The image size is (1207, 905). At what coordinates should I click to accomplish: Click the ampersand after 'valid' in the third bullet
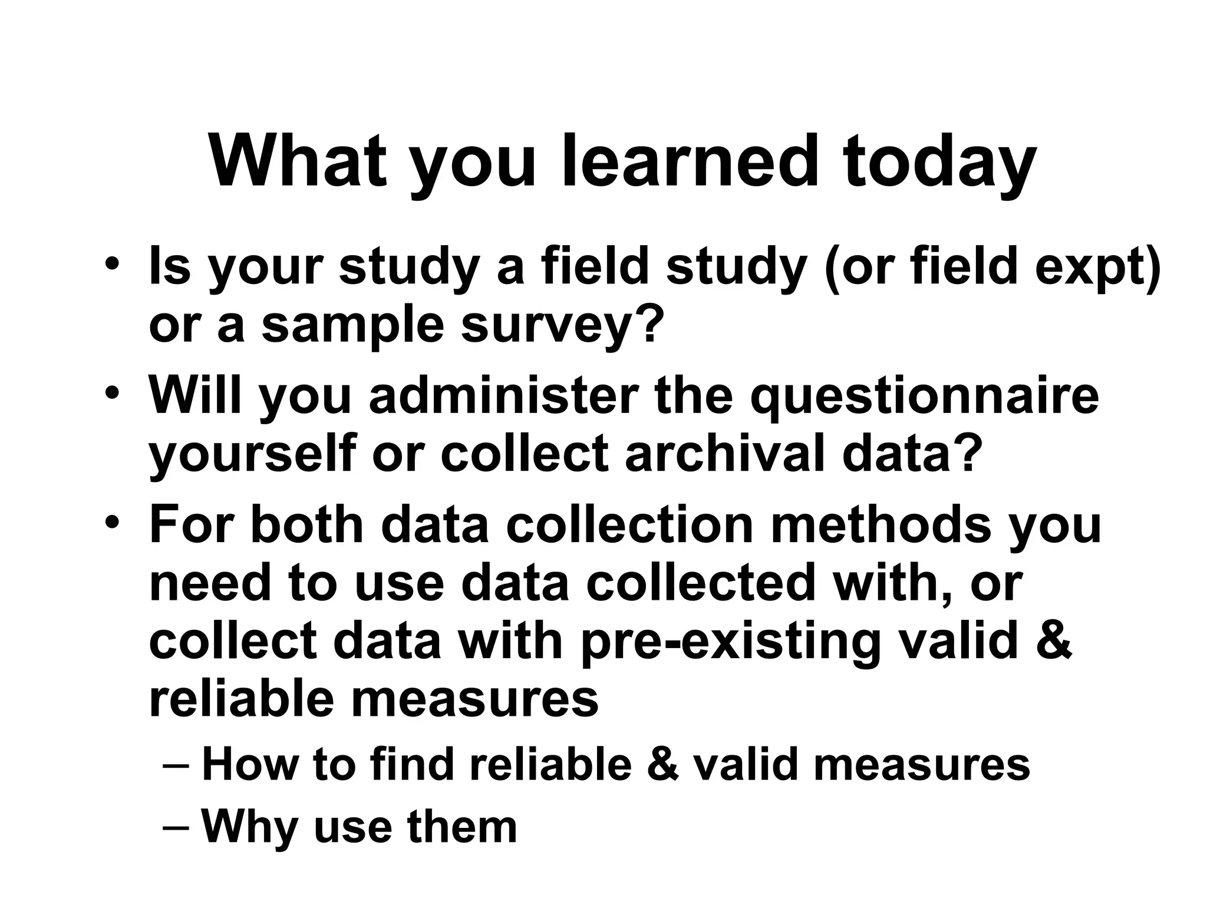pos(1052,640)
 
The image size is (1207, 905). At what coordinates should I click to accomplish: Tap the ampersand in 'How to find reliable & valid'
pos(662,765)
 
